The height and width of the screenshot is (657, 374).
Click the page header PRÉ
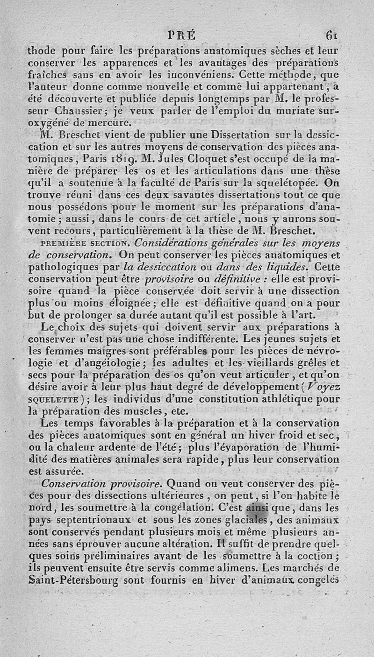[x=181, y=36]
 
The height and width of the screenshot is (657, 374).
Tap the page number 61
[x=332, y=36]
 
